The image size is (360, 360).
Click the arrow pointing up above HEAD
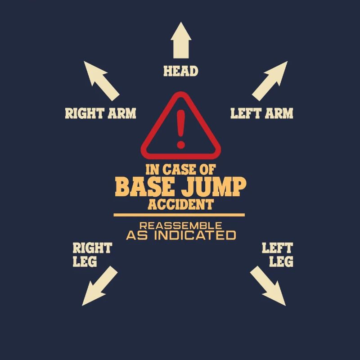181,40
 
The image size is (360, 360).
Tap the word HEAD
181,71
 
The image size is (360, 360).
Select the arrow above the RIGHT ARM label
101,81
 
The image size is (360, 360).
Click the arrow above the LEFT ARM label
270,81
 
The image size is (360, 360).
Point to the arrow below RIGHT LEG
100,286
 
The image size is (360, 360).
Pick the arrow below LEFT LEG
268,286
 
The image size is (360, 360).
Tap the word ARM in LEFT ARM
279,113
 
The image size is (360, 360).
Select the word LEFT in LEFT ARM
246,113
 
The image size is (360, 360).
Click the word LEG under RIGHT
85,261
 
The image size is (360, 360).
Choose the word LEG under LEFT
281,261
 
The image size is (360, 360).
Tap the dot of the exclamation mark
181,144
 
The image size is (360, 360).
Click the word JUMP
213,186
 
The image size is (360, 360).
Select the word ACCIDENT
181,204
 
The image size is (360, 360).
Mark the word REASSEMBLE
181,226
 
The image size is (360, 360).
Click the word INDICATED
195,235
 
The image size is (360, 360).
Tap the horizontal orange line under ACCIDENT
179,215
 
